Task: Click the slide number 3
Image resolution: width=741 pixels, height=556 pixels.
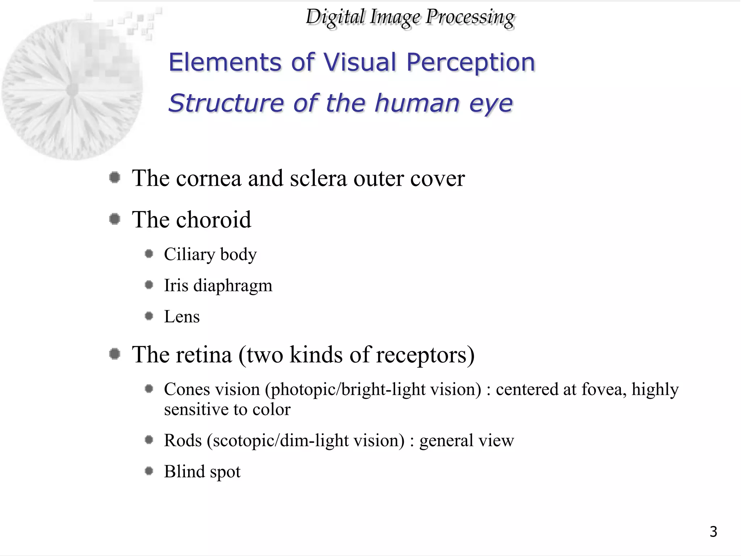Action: pos(713,531)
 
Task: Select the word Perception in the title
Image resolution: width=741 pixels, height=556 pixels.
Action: pos(470,62)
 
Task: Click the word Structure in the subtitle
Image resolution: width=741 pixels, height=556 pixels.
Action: pos(226,103)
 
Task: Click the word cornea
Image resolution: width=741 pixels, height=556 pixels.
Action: pos(208,178)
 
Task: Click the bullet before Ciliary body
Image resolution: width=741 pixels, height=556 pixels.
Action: pos(149,254)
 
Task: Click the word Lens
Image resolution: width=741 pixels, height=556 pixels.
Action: pos(182,317)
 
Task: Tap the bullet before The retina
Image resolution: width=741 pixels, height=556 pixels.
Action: pos(115,354)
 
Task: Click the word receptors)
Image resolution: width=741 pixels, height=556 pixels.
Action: pos(425,355)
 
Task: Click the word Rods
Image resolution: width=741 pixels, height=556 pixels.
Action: pos(183,441)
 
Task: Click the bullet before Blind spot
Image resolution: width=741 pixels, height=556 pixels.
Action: pos(149,471)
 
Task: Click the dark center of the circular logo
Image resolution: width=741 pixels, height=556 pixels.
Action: pos(72,89)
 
